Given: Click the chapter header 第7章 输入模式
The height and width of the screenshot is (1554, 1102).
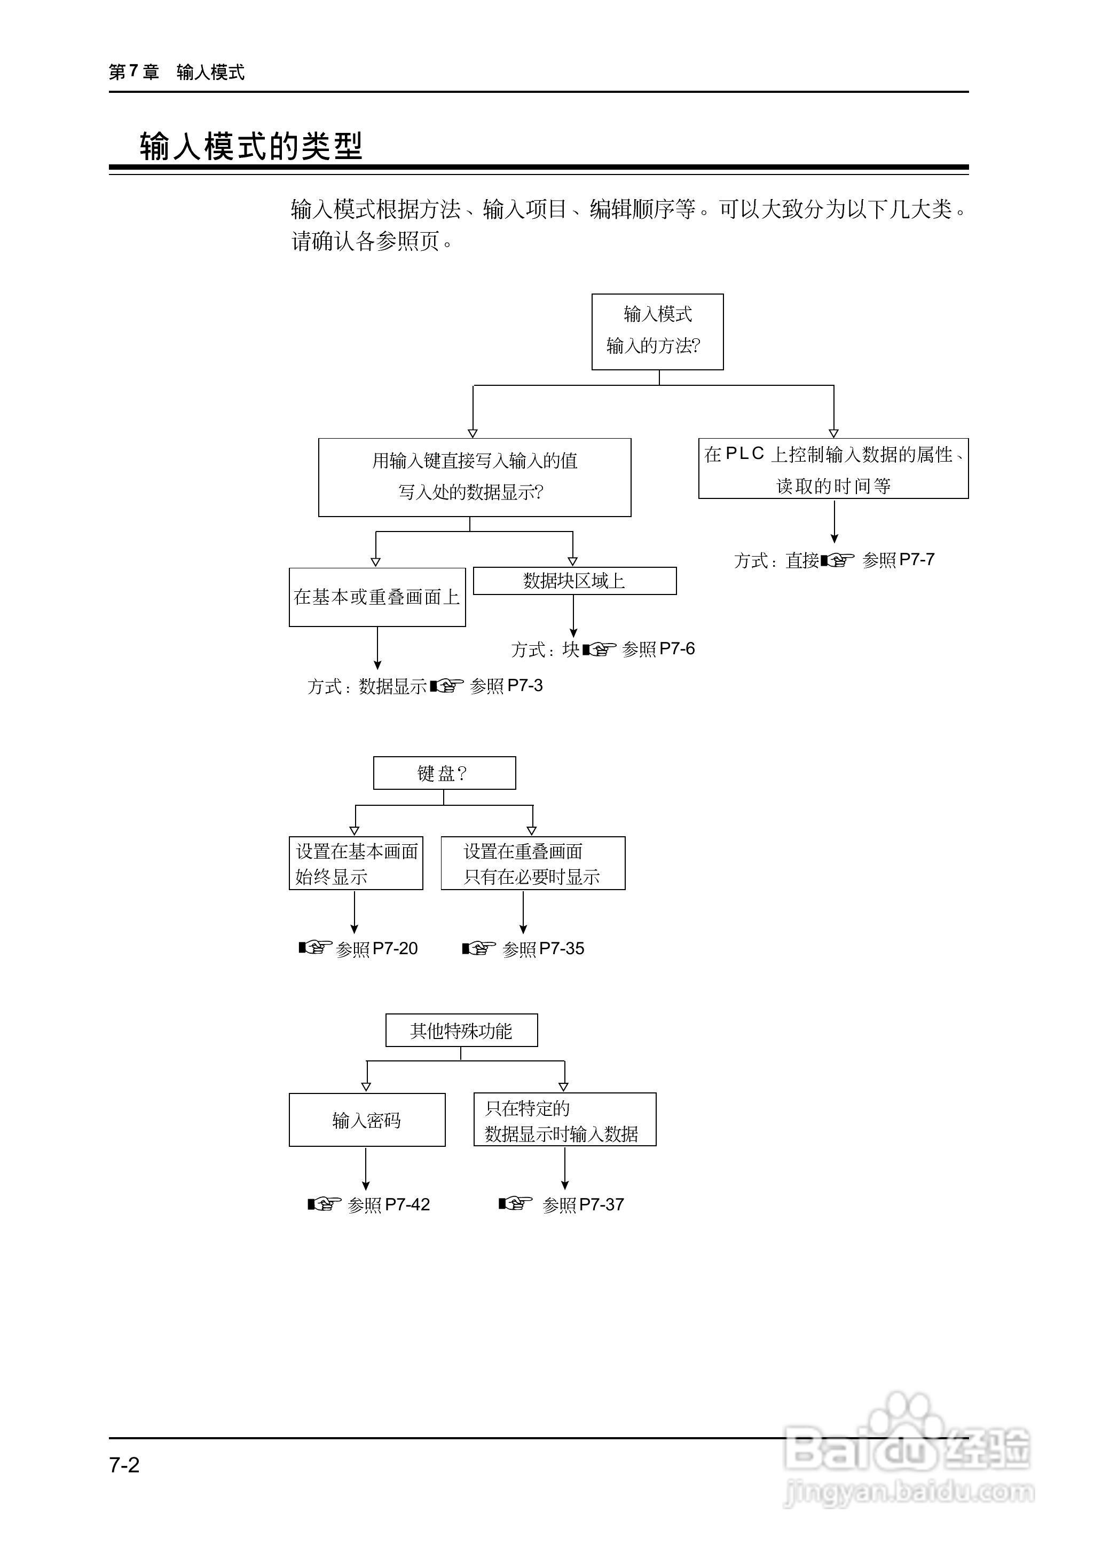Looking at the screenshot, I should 176,72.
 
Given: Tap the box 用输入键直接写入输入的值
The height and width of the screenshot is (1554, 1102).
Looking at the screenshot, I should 474,477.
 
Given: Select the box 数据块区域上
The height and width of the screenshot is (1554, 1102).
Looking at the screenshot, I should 574,581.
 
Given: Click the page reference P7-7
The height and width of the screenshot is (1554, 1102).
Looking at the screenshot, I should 916,560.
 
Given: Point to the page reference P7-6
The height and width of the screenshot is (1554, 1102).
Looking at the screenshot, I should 676,649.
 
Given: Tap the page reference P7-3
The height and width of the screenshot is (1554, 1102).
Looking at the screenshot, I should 524,686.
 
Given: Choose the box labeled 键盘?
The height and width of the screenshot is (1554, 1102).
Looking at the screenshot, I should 444,773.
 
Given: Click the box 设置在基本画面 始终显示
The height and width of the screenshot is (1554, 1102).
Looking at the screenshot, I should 356,863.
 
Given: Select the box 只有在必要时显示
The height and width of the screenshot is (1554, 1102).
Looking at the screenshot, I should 533,863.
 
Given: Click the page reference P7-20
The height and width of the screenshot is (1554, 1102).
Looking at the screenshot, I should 395,948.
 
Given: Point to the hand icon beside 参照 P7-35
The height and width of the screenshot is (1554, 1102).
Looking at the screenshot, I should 478,948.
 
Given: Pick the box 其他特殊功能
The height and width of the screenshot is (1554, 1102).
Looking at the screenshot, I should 461,1030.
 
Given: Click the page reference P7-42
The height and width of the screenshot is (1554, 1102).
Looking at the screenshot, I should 407,1204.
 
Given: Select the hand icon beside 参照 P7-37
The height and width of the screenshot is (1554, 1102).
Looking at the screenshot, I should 515,1203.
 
